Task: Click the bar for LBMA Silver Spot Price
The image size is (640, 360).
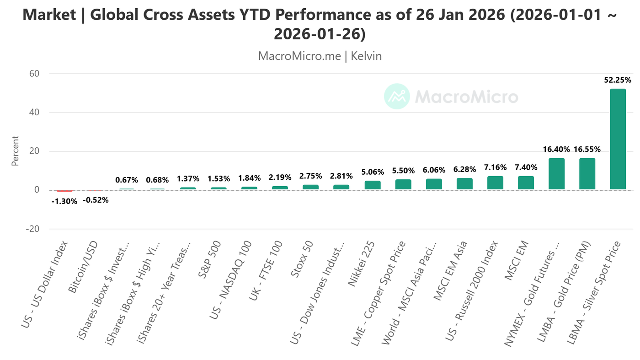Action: tap(618, 139)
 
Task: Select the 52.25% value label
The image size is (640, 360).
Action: tap(618, 80)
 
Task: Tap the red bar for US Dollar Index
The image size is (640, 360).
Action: tap(64, 191)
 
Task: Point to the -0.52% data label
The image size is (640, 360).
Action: tap(96, 200)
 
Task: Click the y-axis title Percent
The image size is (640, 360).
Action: tap(16, 151)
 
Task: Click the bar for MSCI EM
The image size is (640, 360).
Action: tap(526, 183)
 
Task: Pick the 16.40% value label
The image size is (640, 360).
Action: tap(556, 149)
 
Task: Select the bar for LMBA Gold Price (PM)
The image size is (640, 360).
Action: tap(587, 174)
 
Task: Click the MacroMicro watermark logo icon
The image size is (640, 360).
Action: tap(396, 97)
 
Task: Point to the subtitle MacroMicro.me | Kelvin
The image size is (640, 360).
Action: tap(320, 56)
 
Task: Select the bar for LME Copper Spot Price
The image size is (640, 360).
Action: tap(403, 184)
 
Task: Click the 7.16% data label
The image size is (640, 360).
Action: tap(495, 167)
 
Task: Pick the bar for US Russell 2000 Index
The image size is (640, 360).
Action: tap(495, 183)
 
